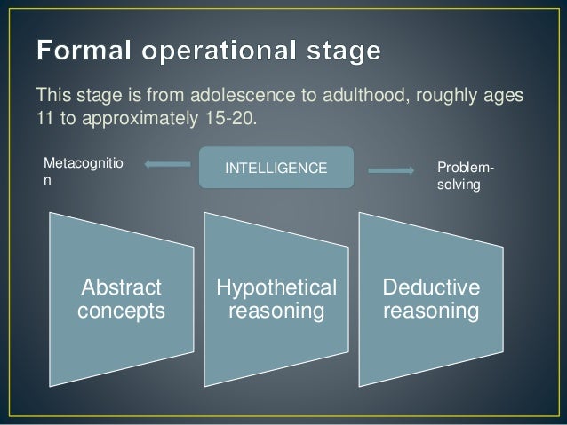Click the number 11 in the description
[x=44, y=118]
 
